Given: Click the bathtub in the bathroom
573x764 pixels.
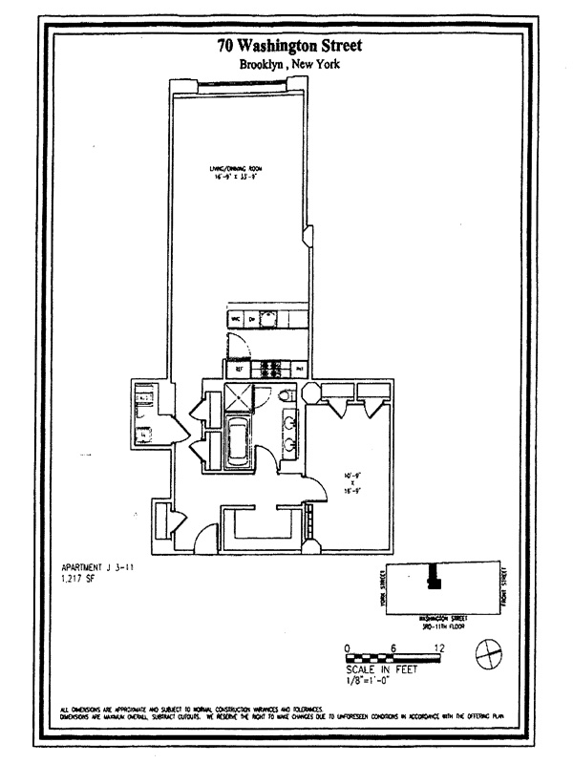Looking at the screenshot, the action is coord(237,444).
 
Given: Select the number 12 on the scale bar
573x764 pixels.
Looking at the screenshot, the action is coord(439,648).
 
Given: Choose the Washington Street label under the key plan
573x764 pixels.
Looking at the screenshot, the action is coord(438,612).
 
